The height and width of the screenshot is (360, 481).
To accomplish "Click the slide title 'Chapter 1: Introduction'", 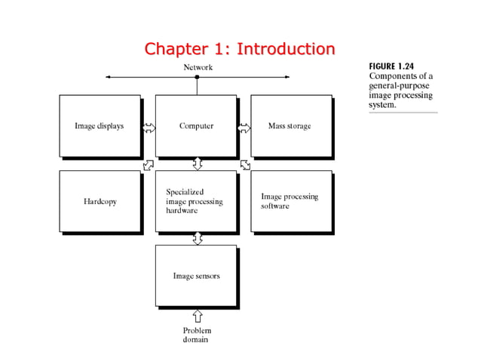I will pos(240,50).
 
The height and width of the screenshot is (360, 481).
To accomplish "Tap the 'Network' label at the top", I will pos(198,67).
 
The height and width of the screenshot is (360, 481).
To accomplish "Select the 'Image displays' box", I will pos(100,126).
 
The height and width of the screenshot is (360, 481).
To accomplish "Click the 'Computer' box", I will pos(196,126).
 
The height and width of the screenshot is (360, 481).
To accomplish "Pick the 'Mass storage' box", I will pos(290,126).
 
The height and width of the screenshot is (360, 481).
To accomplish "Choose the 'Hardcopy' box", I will pos(100,202).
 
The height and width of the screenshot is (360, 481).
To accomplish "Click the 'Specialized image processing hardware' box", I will pos(196,202).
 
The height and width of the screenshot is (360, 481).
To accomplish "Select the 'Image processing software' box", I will pos(290,202).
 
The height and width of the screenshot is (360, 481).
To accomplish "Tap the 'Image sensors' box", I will pos(196,276).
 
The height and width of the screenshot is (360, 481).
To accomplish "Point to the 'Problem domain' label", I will pos(198,335).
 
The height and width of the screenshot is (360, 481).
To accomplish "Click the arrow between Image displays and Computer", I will pos(149,127).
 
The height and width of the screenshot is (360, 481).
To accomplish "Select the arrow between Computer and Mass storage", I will pos(244,127).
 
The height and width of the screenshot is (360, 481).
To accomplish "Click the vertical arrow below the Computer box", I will pos(198,163).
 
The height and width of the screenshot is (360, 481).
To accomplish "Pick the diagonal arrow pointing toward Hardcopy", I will pos(149,164).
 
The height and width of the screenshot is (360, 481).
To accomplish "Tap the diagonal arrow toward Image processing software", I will pos(246,164).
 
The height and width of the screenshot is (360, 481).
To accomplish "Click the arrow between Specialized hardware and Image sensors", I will pos(198,239).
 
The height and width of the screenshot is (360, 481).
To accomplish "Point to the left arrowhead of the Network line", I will pos(109,77).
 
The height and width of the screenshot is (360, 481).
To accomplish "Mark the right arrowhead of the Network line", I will pos(286,77).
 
